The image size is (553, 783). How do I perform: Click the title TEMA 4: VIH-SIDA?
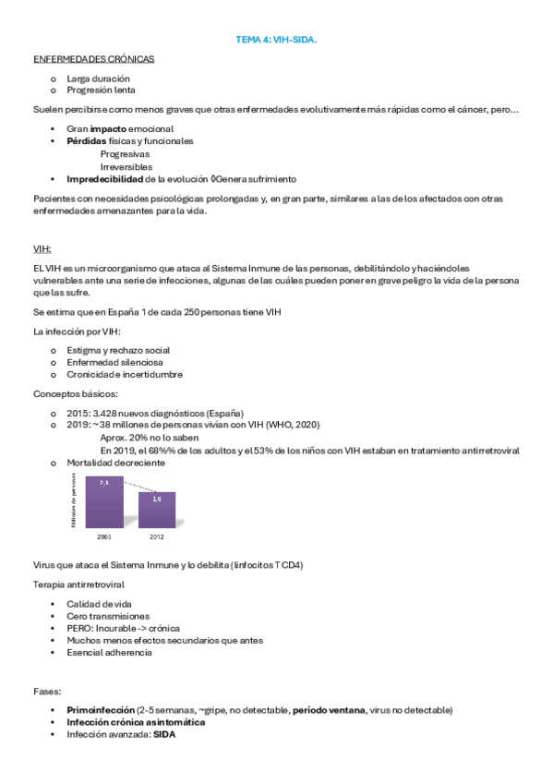pyautogui.click(x=276, y=40)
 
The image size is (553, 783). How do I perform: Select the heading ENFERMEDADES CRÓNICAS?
pyautogui.click(x=93, y=58)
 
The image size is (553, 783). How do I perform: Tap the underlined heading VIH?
pyautogui.click(x=42, y=248)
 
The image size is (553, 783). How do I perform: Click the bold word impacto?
pyautogui.click(x=108, y=128)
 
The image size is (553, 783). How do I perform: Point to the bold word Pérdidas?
pyautogui.click(x=86, y=141)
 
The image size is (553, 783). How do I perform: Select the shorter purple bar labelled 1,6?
pyautogui.click(x=157, y=510)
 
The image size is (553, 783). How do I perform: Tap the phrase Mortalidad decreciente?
pyautogui.click(x=115, y=463)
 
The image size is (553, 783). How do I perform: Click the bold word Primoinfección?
pyautogui.click(x=100, y=710)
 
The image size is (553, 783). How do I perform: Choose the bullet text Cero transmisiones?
pyautogui.click(x=108, y=616)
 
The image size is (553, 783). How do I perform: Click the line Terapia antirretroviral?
pyautogui.click(x=78, y=585)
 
